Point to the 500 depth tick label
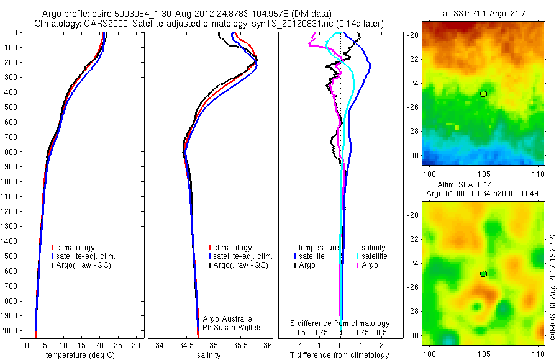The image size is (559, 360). [x=10, y=107]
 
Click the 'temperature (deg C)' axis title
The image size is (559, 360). [x=78, y=355]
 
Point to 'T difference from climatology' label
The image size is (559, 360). [x=340, y=355]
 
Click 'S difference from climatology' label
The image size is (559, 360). [x=340, y=323]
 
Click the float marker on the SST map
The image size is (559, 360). [x=483, y=93]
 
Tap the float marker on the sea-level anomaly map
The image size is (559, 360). [x=483, y=274]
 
